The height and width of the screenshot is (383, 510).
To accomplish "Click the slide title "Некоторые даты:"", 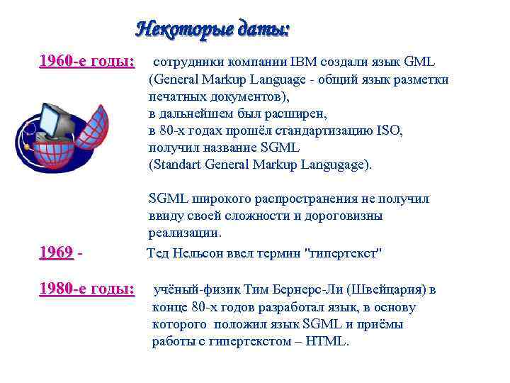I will pos(212,30).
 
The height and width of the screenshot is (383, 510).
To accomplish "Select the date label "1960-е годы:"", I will pos(86,61).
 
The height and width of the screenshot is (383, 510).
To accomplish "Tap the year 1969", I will pos(56,252).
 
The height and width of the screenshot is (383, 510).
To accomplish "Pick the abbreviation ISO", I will pos(388,131).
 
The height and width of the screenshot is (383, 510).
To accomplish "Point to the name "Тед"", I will pos(158,252).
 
